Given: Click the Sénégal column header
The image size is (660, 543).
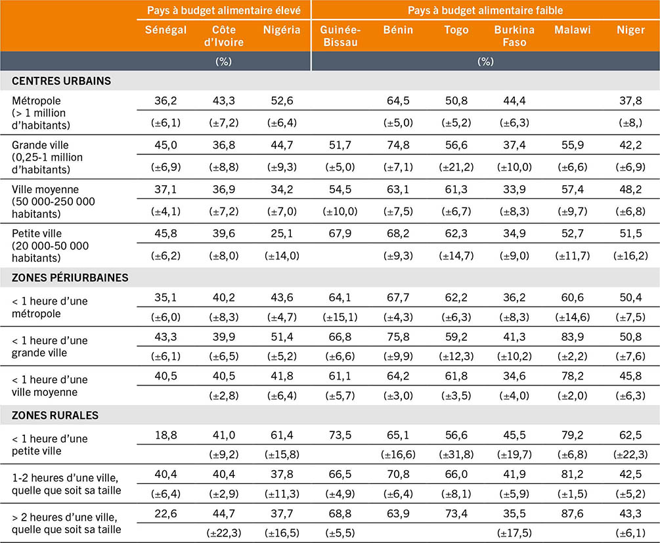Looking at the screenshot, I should pyautogui.click(x=165, y=30).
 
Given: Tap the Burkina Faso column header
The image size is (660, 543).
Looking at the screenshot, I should pyautogui.click(x=515, y=36).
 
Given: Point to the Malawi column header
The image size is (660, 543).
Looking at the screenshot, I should pyautogui.click(x=572, y=30).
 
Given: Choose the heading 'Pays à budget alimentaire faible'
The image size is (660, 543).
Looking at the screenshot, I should pyautogui.click(x=485, y=11).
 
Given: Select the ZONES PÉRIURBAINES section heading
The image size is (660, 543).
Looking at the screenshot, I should pyautogui.click(x=70, y=277).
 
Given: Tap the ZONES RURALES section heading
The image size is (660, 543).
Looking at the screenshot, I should pyautogui.click(x=55, y=415).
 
